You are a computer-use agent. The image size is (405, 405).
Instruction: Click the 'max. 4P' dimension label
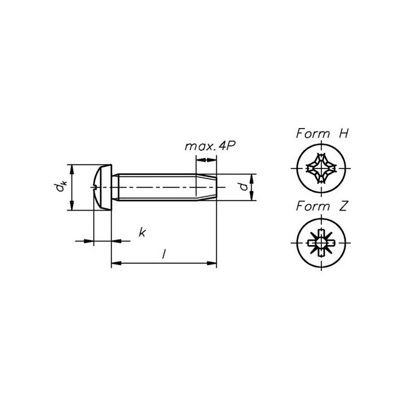click(210, 146)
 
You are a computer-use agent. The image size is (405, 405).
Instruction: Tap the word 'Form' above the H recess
click(313, 134)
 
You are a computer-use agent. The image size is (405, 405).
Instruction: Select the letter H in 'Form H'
click(343, 134)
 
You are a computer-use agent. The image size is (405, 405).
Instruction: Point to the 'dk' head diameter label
click(60, 187)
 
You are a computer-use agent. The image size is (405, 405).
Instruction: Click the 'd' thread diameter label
click(244, 186)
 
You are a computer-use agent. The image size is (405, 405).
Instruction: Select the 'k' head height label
click(142, 232)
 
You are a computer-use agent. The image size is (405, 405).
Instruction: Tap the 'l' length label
click(164, 254)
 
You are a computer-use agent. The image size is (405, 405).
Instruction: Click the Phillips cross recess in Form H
click(321, 169)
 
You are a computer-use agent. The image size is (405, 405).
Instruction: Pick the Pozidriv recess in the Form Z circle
click(321, 243)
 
